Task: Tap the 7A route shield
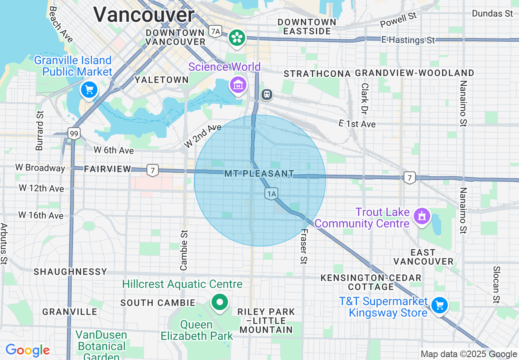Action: [x=215, y=31]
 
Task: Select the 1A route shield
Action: [x=271, y=193]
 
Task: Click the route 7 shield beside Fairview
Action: [x=152, y=170]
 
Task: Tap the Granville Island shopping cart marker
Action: [x=89, y=89]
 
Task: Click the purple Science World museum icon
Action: [x=238, y=85]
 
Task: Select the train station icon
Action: [x=266, y=94]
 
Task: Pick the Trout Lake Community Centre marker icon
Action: [x=422, y=216]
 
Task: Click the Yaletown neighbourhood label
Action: [x=162, y=80]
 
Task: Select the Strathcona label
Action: [x=317, y=74]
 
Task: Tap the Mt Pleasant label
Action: [x=259, y=174]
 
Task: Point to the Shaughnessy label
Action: [x=70, y=272]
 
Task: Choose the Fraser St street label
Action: [x=303, y=247]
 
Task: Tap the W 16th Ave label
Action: [x=41, y=215]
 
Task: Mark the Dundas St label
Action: [x=492, y=13]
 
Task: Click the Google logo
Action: [x=27, y=351]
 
